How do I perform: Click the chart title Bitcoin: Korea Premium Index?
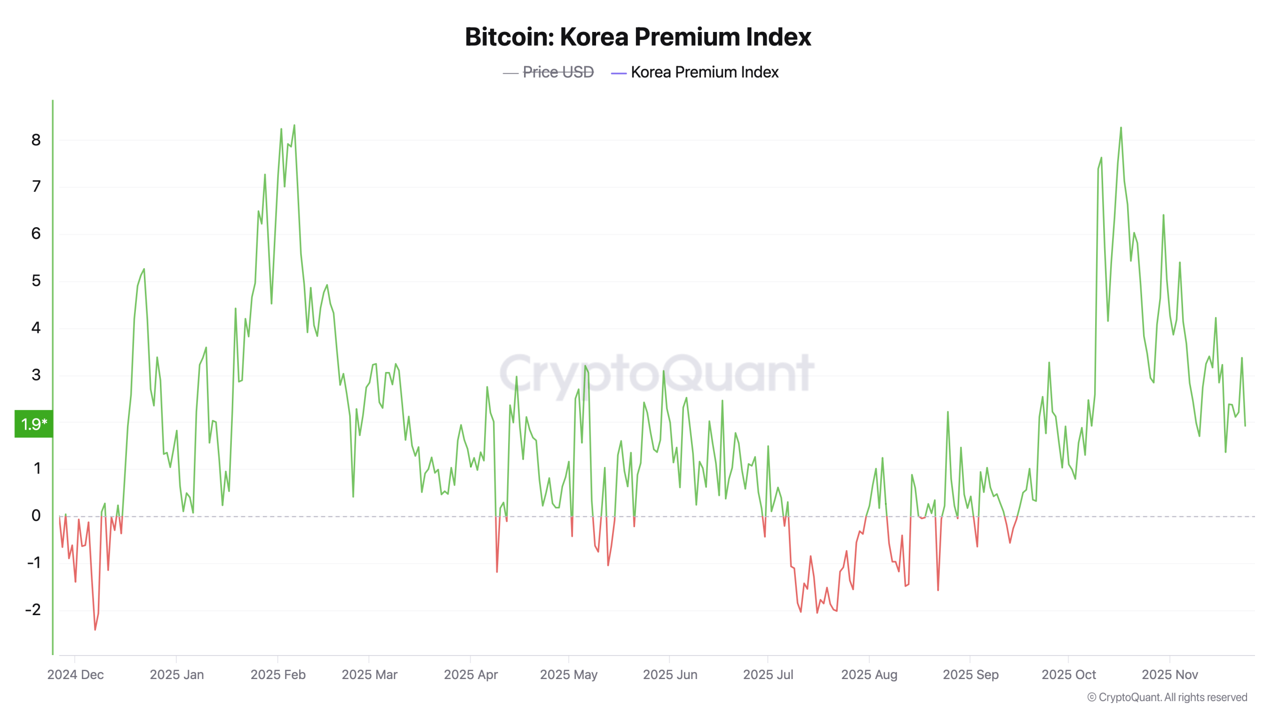tap(638, 37)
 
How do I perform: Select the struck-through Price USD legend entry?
tap(558, 72)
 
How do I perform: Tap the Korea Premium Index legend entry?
tap(704, 72)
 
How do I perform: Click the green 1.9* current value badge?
tap(33, 424)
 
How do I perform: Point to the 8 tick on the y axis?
tap(36, 140)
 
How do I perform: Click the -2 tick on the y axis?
tap(33, 609)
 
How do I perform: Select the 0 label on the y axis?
tap(36, 515)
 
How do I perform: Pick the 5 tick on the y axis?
tap(36, 281)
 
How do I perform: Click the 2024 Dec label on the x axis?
tap(75, 675)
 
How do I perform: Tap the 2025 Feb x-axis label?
tap(278, 675)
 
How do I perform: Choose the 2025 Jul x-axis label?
tap(768, 675)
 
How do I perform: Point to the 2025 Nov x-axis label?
tap(1170, 675)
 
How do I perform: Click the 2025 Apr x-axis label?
tap(471, 675)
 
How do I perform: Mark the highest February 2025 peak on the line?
tap(294, 125)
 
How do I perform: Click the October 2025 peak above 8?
tap(1121, 128)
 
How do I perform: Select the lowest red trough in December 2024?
tap(95, 630)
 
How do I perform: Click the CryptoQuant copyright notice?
tap(1167, 697)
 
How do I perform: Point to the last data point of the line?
tap(1245, 425)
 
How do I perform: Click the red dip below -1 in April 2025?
tap(497, 572)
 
